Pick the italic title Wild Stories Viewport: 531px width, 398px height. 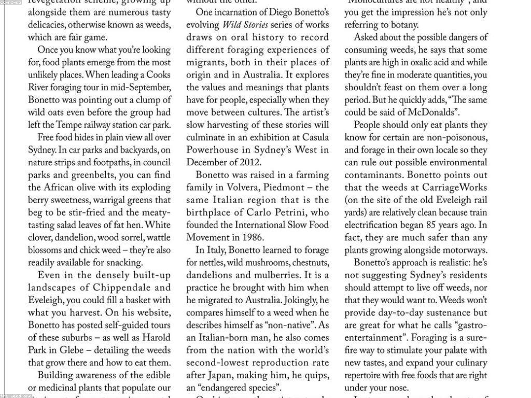point(245,25)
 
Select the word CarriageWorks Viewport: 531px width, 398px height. point(455,188)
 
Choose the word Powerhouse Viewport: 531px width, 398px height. point(212,150)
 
